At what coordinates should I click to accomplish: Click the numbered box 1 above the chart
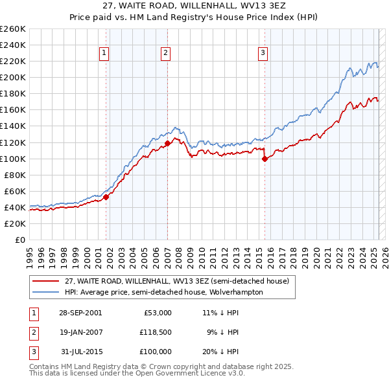click(x=104, y=54)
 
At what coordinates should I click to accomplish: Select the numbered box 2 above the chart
click(x=166, y=54)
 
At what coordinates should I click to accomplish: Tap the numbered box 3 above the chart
click(x=263, y=54)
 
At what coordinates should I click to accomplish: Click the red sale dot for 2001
click(x=106, y=197)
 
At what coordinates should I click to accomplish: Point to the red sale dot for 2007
click(x=167, y=143)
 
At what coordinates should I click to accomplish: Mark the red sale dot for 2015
click(x=265, y=159)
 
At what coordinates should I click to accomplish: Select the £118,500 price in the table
click(x=156, y=332)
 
